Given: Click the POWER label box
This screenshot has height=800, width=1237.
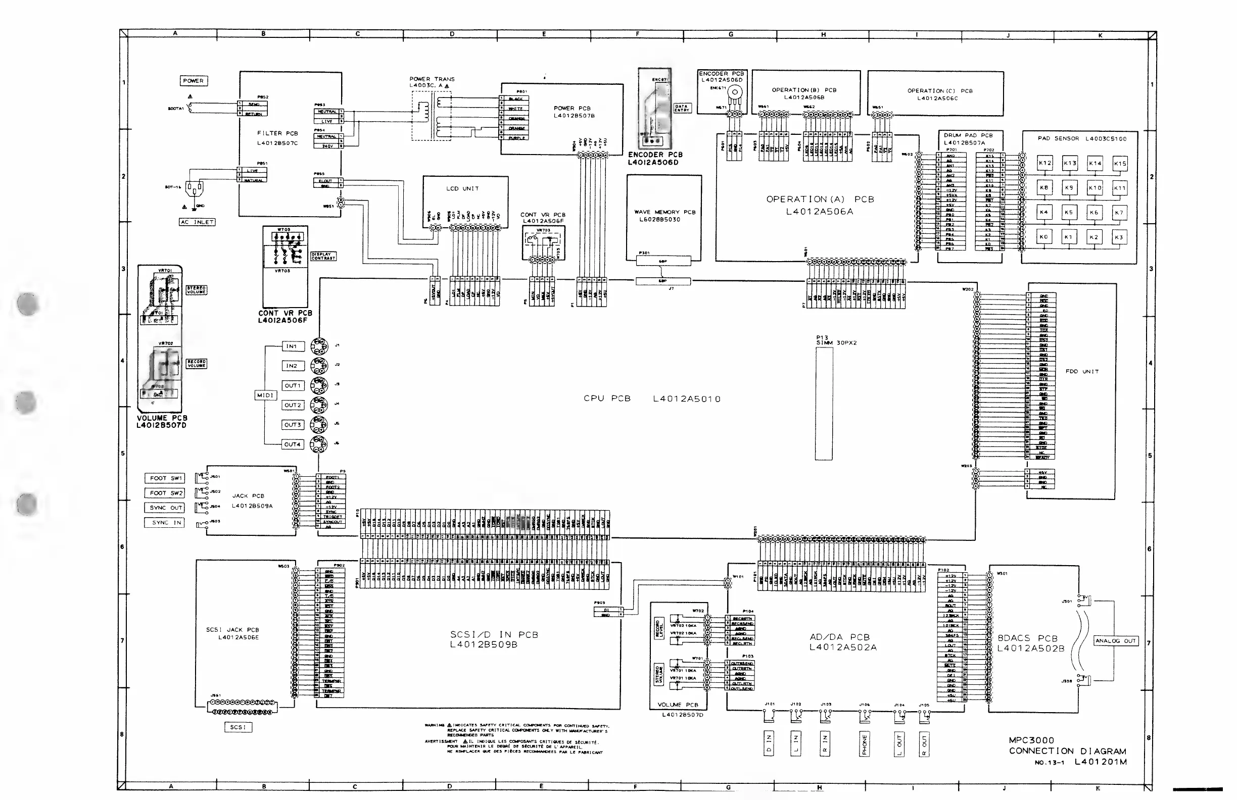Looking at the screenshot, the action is click(x=194, y=80).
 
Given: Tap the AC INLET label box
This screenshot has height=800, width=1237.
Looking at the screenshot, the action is click(x=197, y=222).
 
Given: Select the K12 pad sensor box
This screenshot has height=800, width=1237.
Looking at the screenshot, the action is click(x=1044, y=163).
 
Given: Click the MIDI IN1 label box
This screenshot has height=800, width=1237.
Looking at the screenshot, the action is click(x=293, y=346).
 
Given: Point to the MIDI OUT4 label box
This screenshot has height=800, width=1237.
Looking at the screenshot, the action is click(x=293, y=444).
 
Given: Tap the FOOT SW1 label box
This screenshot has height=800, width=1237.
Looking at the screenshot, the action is click(x=165, y=478).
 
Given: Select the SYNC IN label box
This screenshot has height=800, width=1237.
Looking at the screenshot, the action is click(x=165, y=523).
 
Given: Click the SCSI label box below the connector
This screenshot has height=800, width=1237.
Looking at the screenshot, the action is click(x=238, y=727).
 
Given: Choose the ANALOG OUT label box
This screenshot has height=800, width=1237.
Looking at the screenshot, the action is click(x=1115, y=640).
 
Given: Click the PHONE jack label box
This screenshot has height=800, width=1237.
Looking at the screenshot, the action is click(x=865, y=744).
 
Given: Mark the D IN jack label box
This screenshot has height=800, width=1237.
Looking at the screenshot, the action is click(x=769, y=744).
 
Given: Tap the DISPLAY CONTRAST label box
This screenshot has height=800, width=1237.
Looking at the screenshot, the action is click(x=323, y=256).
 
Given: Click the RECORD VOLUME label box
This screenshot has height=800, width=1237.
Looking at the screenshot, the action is click(x=197, y=364).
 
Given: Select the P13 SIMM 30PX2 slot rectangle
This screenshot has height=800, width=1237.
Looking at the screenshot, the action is click(x=824, y=404).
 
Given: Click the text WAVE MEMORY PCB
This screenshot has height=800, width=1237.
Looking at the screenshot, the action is click(x=664, y=212).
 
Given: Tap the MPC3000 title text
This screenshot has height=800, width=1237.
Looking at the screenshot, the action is click(x=1031, y=740).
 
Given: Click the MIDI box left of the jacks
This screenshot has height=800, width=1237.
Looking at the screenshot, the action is click(x=265, y=395).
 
